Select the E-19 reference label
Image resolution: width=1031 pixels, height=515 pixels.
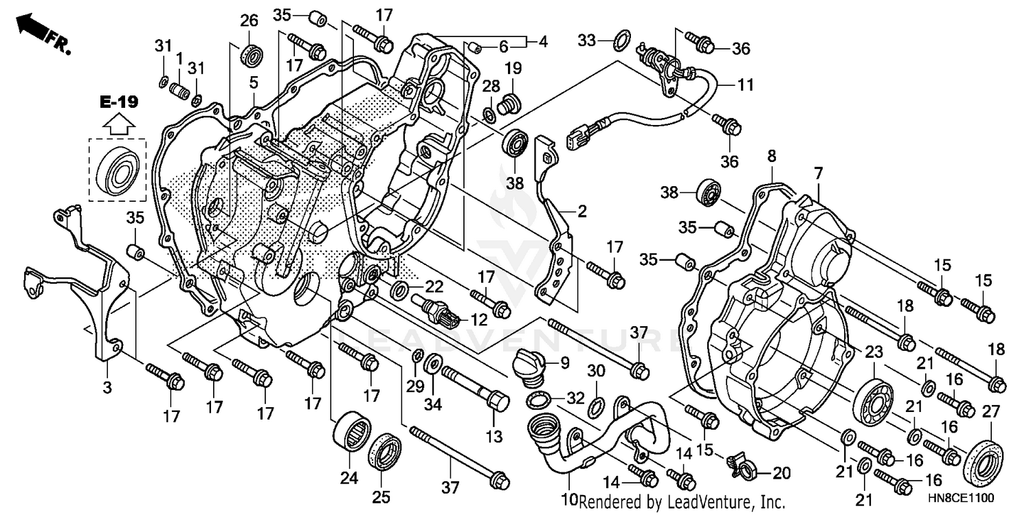118,103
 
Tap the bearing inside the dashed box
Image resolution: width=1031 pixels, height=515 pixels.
118,168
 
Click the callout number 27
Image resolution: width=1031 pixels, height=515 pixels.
990,411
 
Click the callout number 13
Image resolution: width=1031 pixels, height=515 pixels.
494,436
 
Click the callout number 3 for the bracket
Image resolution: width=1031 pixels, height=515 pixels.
107,388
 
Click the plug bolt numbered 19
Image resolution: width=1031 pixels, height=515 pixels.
510,102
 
